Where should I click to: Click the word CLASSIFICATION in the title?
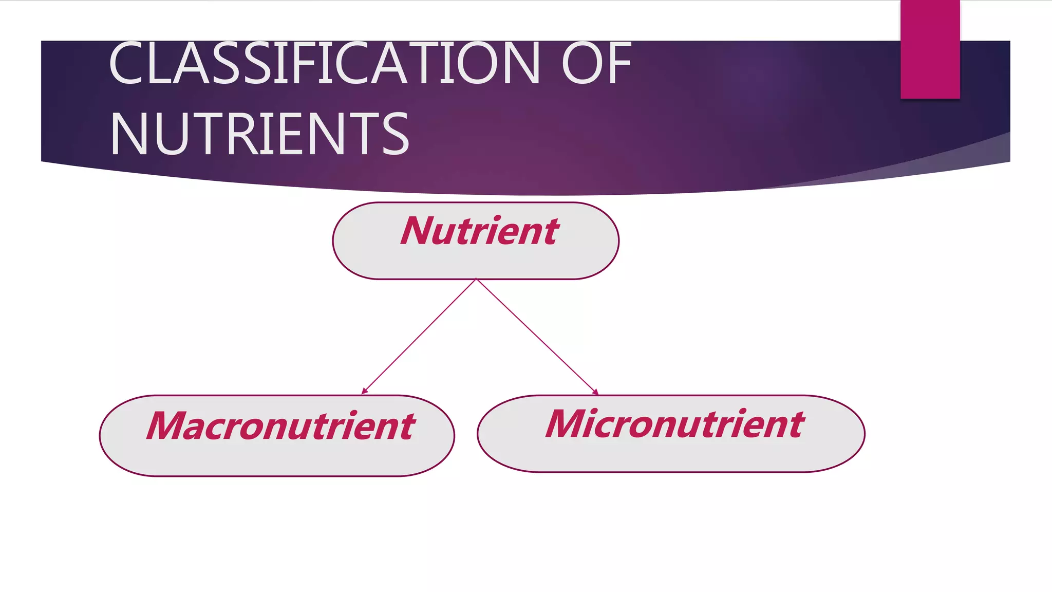pos(324,64)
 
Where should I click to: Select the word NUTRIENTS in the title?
pos(259,134)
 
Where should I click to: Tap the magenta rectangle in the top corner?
pos(930,49)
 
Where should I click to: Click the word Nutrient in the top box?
pos(479,231)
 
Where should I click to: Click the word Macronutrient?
pos(280,426)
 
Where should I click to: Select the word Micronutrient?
pos(674,424)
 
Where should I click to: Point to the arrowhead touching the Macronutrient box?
pos(364,392)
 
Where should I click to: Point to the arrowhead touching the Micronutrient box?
pos(596,392)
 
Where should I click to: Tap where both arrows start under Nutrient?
pos(476,280)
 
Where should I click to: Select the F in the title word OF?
pos(620,64)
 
